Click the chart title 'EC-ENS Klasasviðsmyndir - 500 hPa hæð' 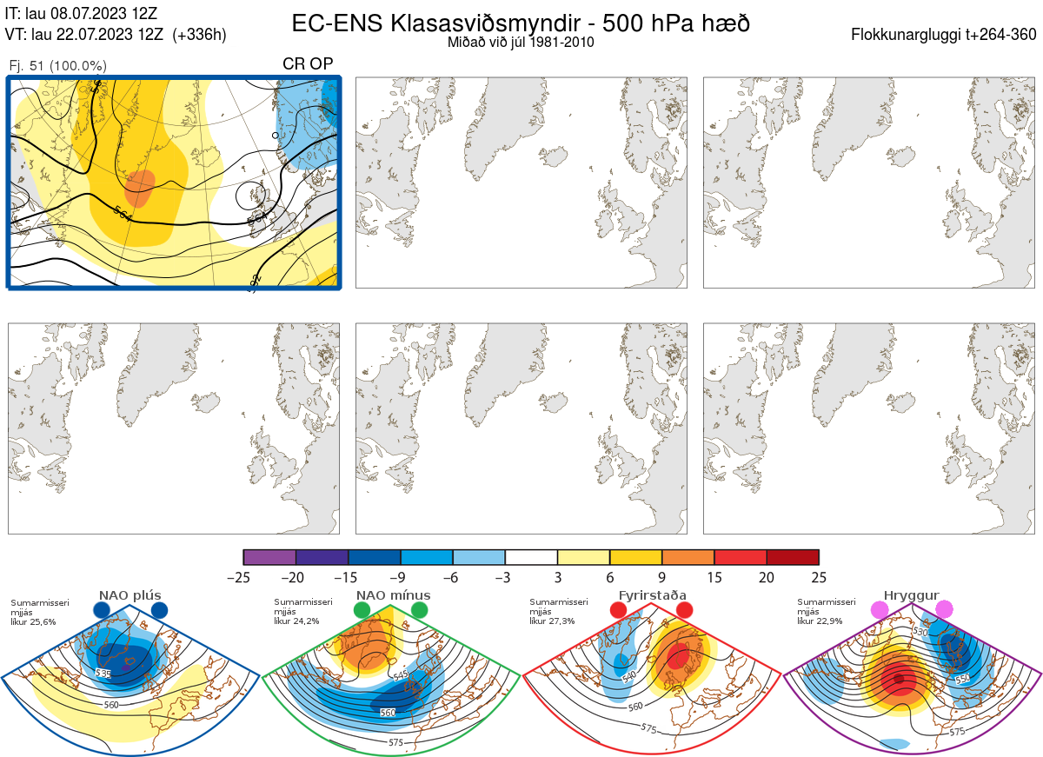click(521, 23)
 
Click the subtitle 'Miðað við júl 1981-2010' click(521, 43)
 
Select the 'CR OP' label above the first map click(308, 64)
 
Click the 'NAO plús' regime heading click(130, 595)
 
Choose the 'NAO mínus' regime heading click(393, 595)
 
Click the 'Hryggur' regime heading click(911, 595)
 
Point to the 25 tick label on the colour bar click(819, 576)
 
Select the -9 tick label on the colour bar click(401, 576)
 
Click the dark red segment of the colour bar click(793, 557)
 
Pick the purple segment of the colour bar click(270, 557)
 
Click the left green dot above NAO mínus click(362, 611)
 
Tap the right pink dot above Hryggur click(944, 610)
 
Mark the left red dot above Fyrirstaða click(620, 611)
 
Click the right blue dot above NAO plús click(159, 611)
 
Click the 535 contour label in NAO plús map click(103, 674)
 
